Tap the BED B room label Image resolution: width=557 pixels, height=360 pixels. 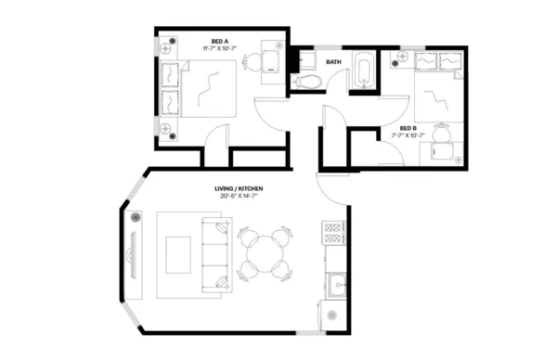coord(408,127)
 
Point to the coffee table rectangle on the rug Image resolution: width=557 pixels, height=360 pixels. coord(178,252)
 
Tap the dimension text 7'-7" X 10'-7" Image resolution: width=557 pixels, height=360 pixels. coord(408,135)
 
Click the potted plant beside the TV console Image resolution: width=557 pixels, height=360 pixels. coord(136,218)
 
